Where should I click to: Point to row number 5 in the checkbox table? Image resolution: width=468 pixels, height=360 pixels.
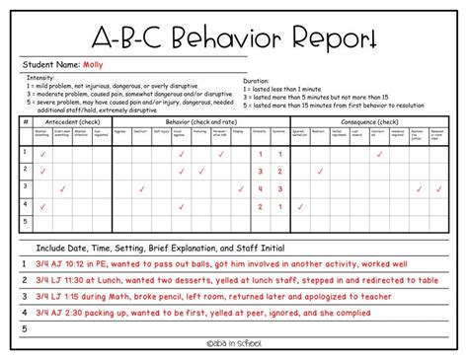[24, 223]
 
